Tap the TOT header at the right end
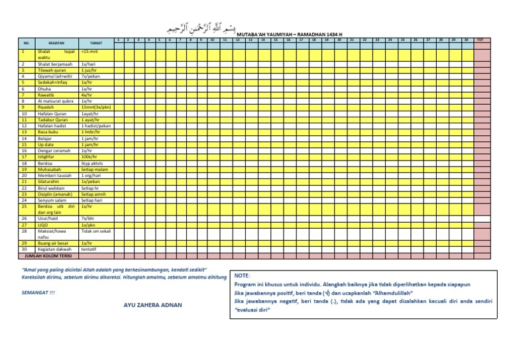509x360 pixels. pyautogui.click(x=481, y=40)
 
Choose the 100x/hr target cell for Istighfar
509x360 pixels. pyautogui.click(x=89, y=156)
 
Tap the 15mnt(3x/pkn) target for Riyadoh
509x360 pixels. pyautogui.click(x=95, y=107)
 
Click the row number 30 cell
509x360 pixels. pyautogui.click(x=23, y=249)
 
